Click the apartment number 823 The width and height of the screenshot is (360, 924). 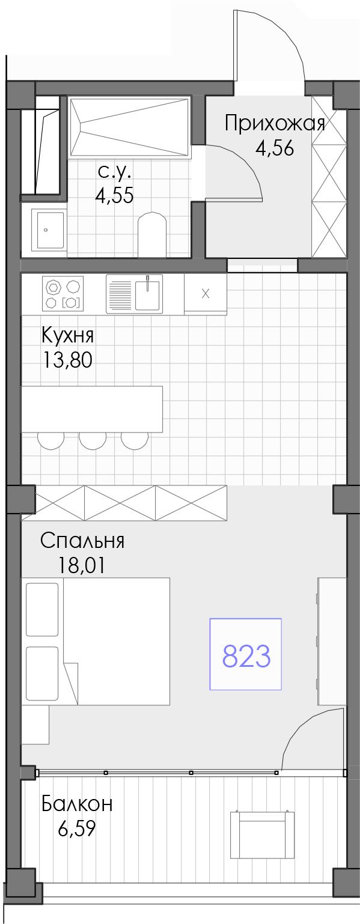tap(246, 656)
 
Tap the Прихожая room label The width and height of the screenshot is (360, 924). tap(275, 123)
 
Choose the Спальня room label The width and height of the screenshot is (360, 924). tap(82, 541)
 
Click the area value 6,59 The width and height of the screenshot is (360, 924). tap(77, 828)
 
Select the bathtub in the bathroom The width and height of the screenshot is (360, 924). tap(129, 127)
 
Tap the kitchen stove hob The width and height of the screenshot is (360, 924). tap(63, 294)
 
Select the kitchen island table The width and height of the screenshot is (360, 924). tap(91, 409)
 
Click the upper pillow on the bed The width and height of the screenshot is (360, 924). tap(42, 609)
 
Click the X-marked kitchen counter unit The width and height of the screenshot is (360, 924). tap(205, 294)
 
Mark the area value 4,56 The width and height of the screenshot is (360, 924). tap(275, 148)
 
